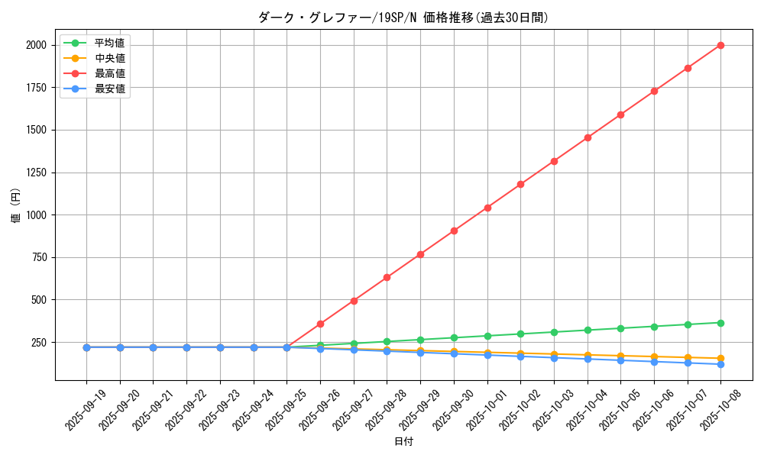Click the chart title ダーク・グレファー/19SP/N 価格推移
[403, 18]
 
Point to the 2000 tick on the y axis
[36, 45]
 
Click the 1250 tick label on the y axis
[36, 173]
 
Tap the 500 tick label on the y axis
[38, 300]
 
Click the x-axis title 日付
[403, 442]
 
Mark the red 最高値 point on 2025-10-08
[720, 45]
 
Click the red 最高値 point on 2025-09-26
[320, 324]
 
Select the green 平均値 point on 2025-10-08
[720, 323]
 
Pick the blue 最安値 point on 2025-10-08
[720, 364]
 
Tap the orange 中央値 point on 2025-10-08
[720, 359]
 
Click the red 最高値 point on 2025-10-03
[554, 161]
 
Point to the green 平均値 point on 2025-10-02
[520, 334]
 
